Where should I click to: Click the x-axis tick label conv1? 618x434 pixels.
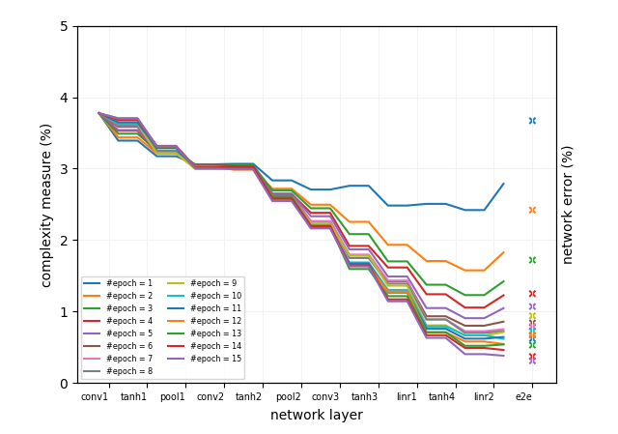(95, 396)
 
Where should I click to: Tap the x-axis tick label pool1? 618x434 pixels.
(172, 396)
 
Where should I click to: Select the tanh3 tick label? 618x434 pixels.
(365, 396)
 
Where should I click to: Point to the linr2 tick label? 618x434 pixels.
(484, 396)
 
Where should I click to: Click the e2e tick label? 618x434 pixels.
(523, 396)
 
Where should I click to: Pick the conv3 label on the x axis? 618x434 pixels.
(325, 396)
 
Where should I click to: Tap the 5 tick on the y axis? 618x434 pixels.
(64, 26)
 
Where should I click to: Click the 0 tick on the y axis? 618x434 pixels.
(64, 383)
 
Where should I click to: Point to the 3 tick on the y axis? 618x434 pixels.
(64, 169)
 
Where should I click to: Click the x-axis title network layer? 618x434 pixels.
(317, 416)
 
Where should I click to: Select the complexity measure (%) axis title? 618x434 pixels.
(46, 205)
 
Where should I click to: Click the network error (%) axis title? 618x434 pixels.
(568, 205)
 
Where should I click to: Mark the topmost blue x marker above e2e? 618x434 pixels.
(532, 121)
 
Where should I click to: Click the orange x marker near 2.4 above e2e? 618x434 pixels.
(532, 210)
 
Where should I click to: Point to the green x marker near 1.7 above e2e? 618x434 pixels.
(532, 260)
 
